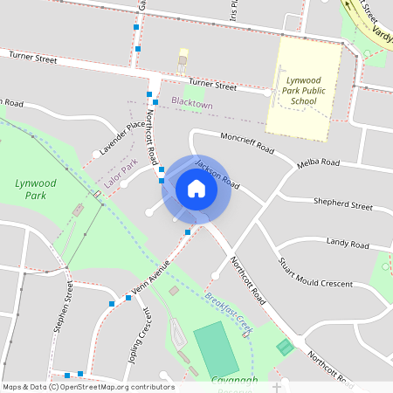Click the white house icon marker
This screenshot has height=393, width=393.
coord(196,189)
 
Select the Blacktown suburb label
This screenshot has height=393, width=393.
coord(191,104)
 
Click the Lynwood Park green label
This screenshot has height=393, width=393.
coord(35,189)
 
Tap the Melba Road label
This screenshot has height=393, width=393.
coord(318,162)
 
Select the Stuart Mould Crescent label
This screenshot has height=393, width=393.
coord(314,275)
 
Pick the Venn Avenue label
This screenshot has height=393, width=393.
coord(147,281)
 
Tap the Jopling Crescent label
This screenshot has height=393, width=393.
coord(136,337)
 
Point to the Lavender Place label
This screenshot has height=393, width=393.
coord(121,137)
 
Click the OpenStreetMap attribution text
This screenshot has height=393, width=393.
coord(88,387)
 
